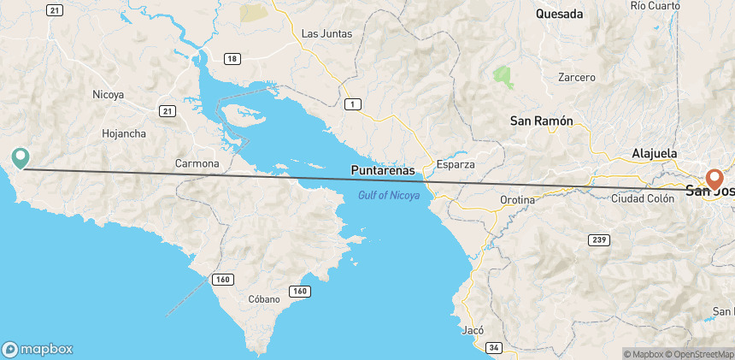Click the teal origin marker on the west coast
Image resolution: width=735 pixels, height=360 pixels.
point(21,157)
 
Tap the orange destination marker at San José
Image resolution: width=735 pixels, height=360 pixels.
point(714,180)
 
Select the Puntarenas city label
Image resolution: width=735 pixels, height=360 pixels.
point(382,170)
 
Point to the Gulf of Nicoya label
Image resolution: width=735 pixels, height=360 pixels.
point(388,196)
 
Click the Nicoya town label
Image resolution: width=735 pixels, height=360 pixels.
point(109,95)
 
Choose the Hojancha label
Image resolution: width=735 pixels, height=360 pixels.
point(124,133)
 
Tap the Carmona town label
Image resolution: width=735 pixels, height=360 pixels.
point(197,163)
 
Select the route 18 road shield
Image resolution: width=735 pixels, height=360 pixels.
point(232,58)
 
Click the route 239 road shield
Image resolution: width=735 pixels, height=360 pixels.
point(601,240)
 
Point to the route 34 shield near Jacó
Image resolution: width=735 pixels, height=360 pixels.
point(494,347)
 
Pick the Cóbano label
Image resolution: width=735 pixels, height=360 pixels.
point(263,300)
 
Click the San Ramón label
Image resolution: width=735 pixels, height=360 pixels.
point(541,121)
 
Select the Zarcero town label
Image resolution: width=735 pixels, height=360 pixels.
point(577,78)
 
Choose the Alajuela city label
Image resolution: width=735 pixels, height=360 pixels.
point(654,153)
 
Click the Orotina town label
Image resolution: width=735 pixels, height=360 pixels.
point(517,200)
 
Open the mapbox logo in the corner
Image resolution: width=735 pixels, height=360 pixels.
point(38,349)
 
